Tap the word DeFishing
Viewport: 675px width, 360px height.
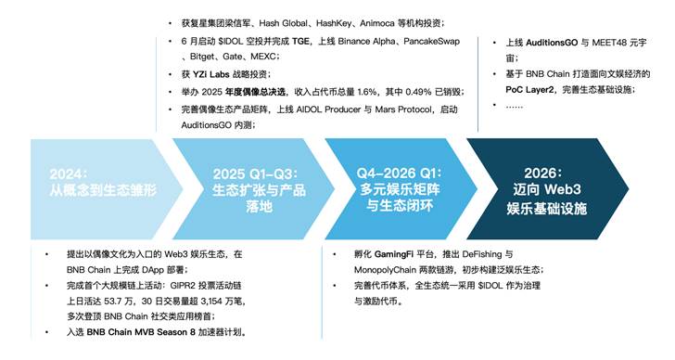tap(491, 253)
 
